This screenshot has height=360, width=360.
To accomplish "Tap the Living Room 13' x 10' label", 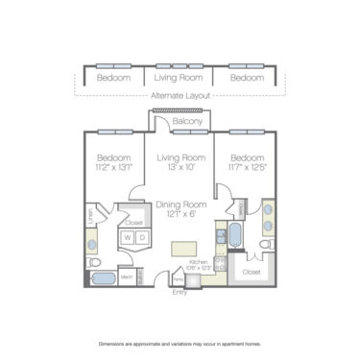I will tap(180, 162).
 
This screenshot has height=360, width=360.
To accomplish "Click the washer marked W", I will tap(125, 237).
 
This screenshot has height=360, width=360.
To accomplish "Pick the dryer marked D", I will tap(140, 237).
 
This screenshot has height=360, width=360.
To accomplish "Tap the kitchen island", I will tap(182, 249).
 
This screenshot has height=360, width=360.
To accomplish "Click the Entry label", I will tap(180, 293).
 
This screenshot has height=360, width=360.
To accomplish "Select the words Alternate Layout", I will tap(180, 95).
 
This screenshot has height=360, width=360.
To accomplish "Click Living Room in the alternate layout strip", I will tap(180, 78).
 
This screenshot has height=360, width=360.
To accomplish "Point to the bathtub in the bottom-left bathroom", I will tap(103, 279).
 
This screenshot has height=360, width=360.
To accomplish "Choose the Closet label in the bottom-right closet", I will tap(252, 272).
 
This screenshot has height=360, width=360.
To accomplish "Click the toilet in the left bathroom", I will tap(94, 259).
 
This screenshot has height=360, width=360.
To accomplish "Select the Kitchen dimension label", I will tap(198, 264).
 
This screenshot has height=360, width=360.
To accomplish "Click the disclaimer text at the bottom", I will tap(180, 343).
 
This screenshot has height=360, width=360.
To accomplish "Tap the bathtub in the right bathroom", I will tap(235, 233).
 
